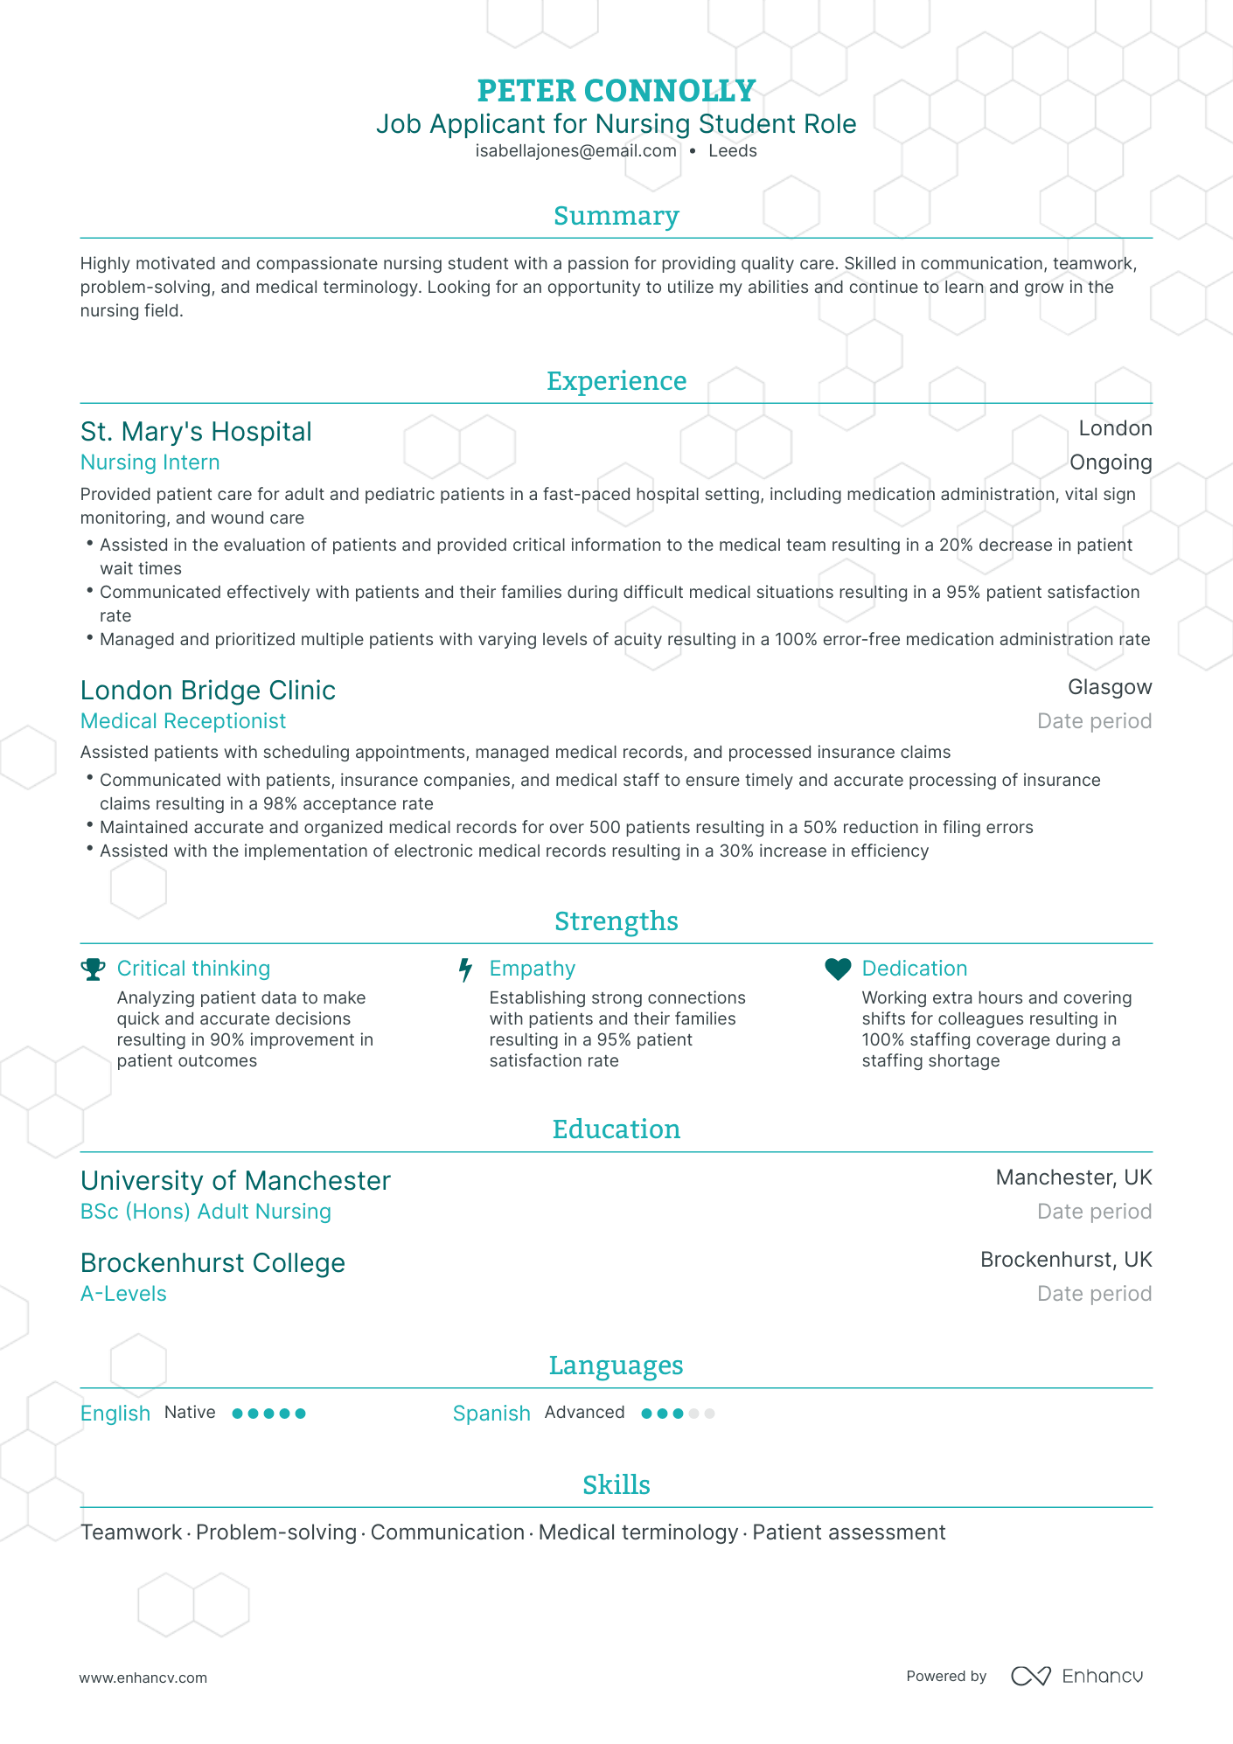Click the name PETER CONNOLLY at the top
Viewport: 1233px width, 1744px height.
coord(616,91)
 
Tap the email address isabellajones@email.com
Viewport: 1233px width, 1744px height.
coord(575,151)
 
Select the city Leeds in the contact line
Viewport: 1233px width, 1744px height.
coord(732,151)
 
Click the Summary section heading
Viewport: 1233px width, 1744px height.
coord(616,216)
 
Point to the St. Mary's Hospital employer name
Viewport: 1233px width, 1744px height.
coord(196,432)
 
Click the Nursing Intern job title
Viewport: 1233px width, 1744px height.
coord(150,462)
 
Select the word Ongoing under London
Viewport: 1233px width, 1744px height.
coord(1110,462)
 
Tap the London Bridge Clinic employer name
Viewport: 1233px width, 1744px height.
coord(207,691)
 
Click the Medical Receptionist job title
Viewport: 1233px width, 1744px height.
coord(183,721)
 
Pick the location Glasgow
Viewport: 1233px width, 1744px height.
coord(1109,687)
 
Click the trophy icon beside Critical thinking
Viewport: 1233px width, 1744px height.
coord(93,969)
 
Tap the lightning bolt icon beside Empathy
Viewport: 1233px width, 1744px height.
coord(466,969)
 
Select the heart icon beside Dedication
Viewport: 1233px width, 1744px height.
coord(838,969)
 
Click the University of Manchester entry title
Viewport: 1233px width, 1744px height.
coord(235,1181)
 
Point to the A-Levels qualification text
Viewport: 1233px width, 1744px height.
coord(123,1294)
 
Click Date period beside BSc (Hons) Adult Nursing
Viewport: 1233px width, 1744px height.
coord(1093,1212)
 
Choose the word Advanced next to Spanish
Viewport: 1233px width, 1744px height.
coord(584,1413)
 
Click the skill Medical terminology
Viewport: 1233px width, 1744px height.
coord(637,1532)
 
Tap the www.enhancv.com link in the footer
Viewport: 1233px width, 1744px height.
coord(143,1678)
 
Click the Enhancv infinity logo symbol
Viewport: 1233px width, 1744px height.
coord(1030,1676)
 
